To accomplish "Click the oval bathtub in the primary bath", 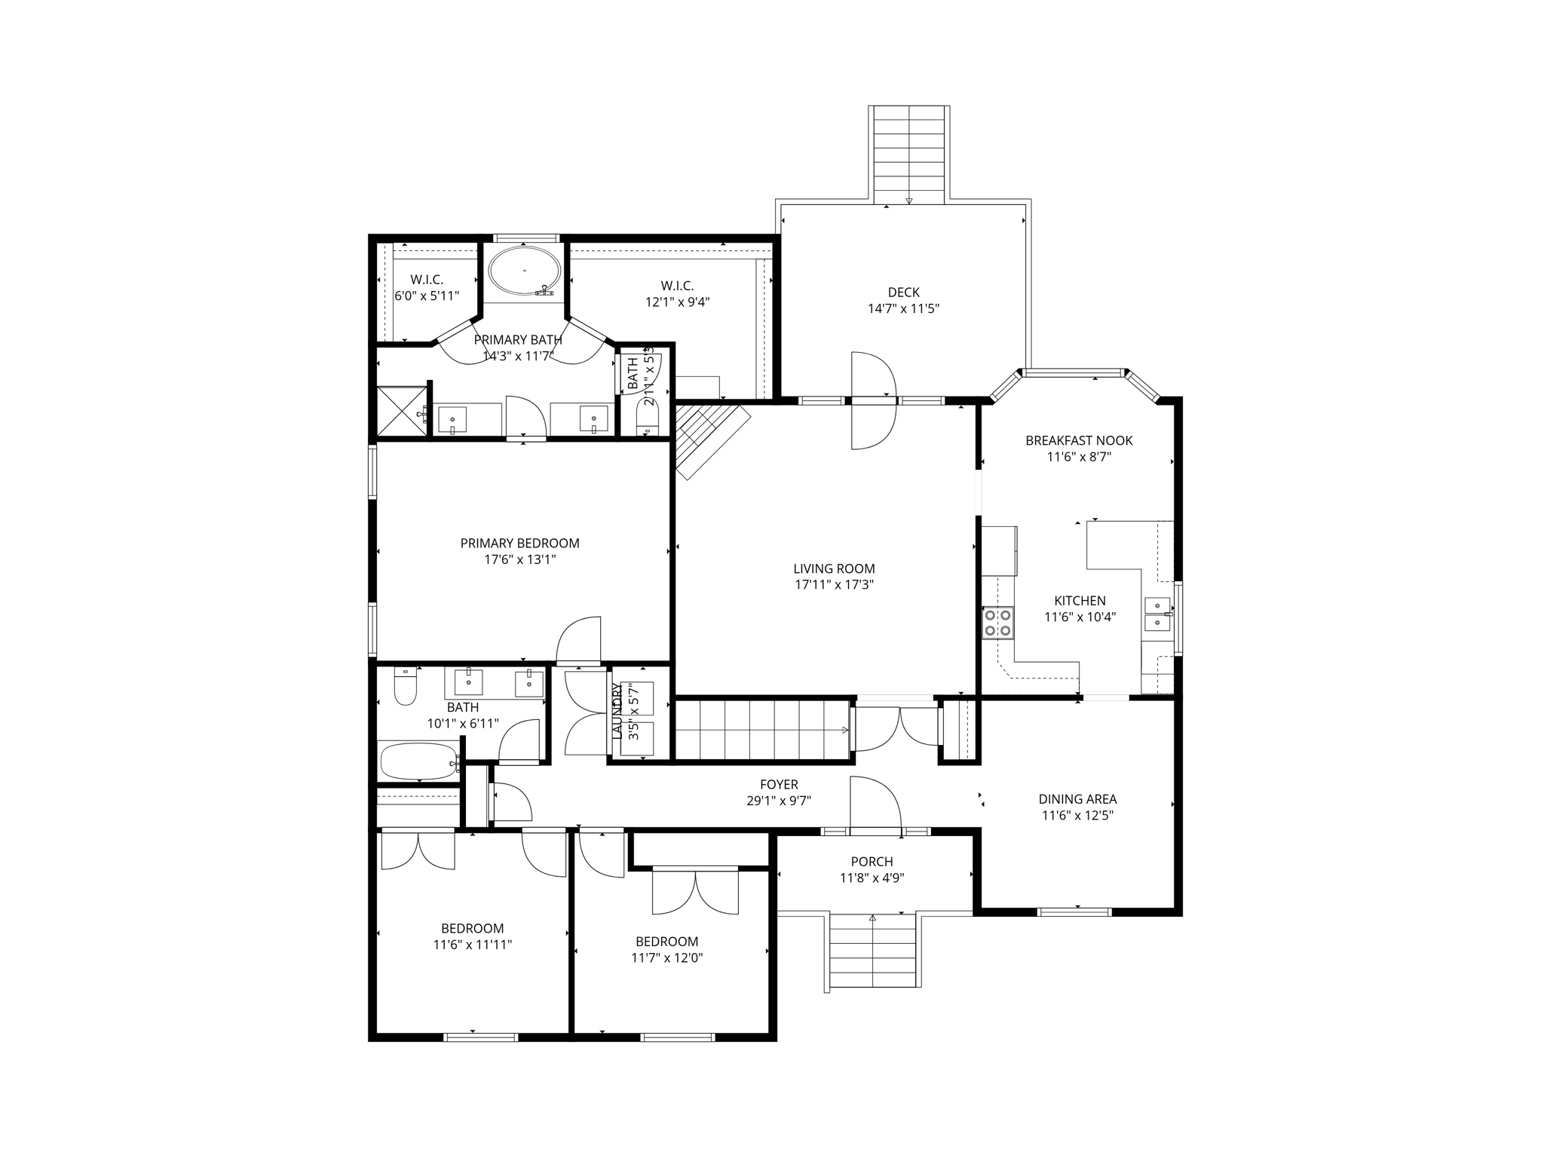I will click(524, 271).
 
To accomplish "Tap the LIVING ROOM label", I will click(834, 568).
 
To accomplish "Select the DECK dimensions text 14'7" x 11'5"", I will click(903, 308).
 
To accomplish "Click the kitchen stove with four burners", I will click(998, 623).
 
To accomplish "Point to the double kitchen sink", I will click(1156, 614).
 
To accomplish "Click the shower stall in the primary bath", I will click(401, 412).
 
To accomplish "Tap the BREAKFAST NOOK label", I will click(1079, 440).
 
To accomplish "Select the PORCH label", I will click(872, 861).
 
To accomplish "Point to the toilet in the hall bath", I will click(406, 687).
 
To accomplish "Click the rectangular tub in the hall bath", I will click(418, 761).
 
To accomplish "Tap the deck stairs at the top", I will click(909, 155).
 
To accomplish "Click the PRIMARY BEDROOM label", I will click(519, 543).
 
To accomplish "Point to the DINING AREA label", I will click(1077, 799).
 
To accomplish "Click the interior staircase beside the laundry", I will click(761, 730).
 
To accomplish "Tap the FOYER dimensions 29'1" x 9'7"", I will click(778, 801).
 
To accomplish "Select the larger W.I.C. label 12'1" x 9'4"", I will click(677, 302).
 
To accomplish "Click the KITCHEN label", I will click(1080, 601).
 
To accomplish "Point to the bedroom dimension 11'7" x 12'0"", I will click(666, 958).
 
